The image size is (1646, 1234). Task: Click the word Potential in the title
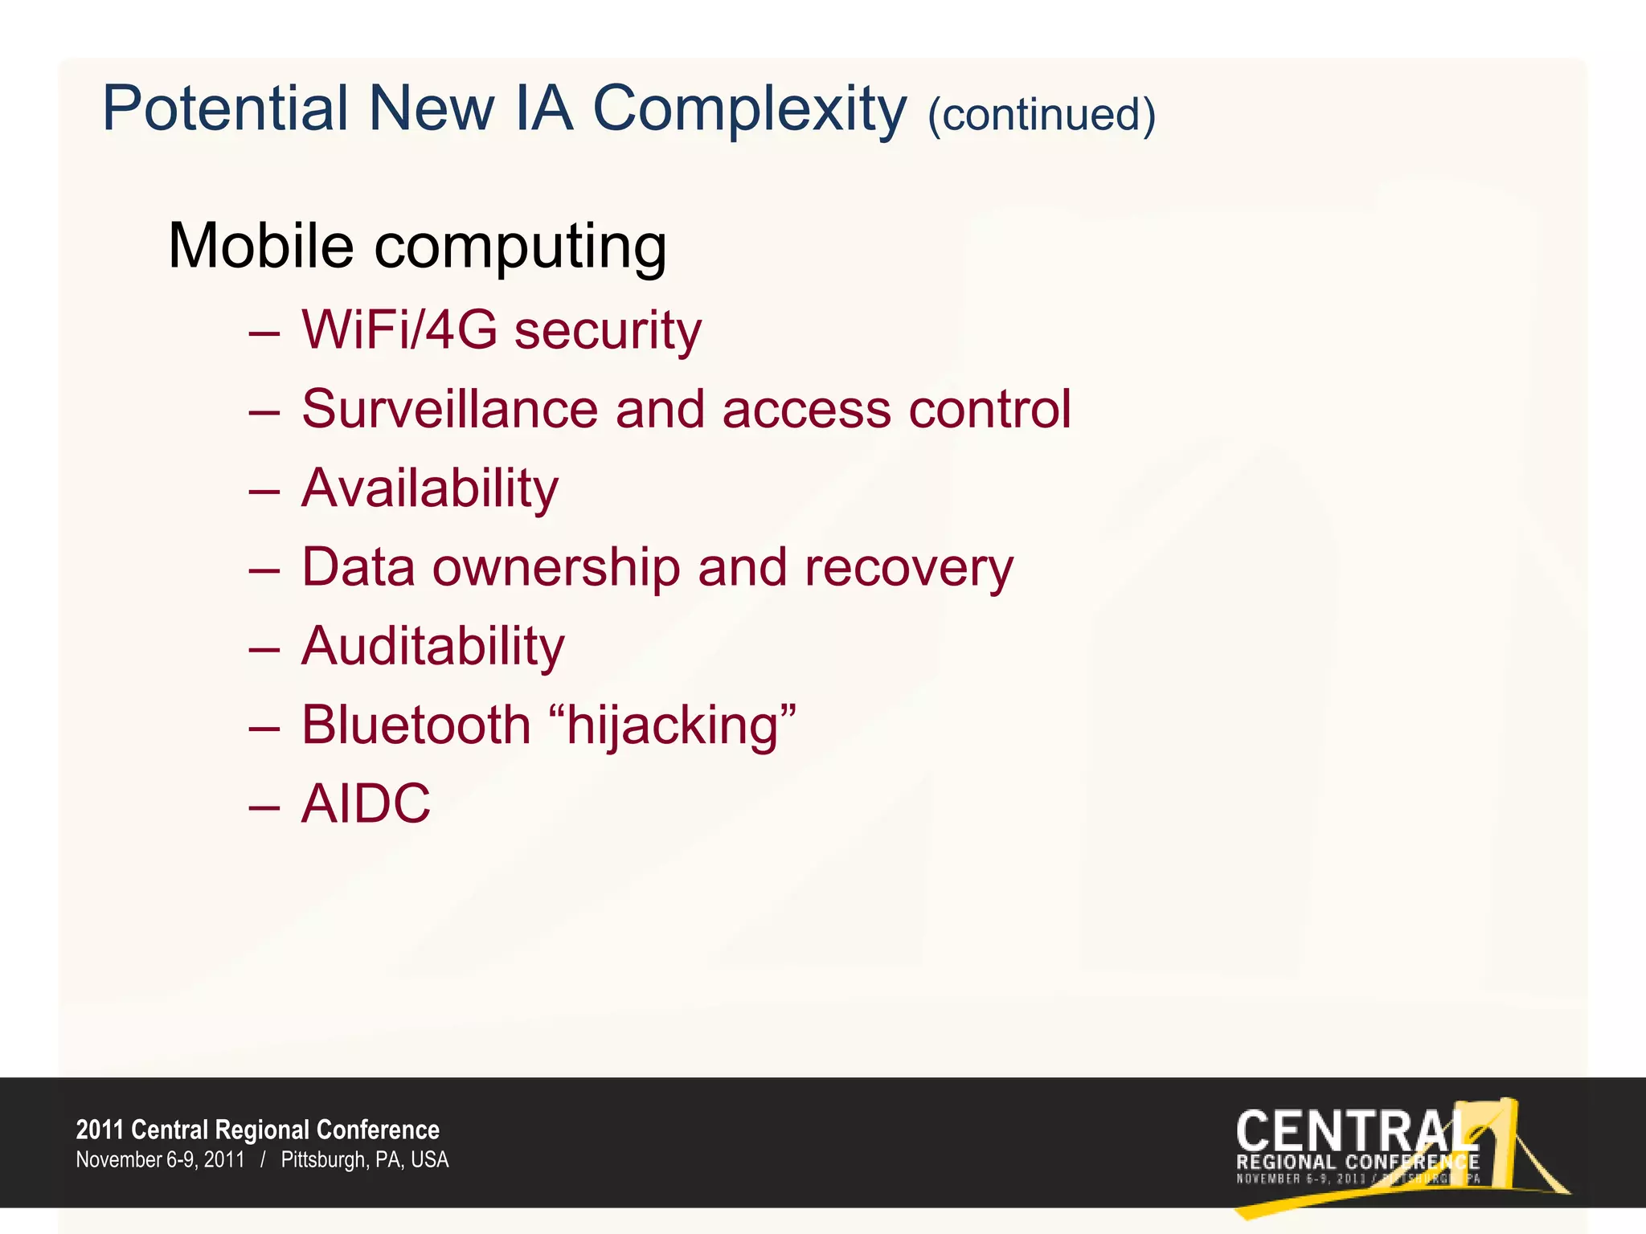tap(224, 109)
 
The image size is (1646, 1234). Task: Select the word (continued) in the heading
tap(1041, 115)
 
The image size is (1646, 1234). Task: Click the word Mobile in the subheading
tap(260, 246)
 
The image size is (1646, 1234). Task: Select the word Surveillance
tap(449, 409)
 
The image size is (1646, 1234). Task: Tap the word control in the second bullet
tap(989, 409)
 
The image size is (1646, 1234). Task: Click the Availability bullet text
tap(429, 488)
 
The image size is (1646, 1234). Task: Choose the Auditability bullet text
tap(432, 647)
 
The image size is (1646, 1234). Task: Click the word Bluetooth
tap(416, 725)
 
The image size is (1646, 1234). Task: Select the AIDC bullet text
tap(366, 803)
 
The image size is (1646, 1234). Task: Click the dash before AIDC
tap(264, 806)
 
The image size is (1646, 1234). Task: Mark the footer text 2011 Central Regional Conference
tap(257, 1130)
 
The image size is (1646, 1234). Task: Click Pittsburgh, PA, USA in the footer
tap(364, 1160)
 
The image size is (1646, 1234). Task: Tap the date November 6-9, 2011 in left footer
tap(160, 1160)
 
